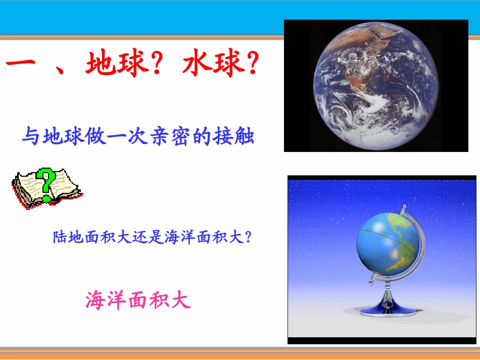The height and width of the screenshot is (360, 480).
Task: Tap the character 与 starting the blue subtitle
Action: (x=30, y=137)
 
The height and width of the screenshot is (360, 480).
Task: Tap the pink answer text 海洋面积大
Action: (x=138, y=300)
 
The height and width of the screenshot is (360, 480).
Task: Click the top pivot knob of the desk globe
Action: (x=403, y=208)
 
